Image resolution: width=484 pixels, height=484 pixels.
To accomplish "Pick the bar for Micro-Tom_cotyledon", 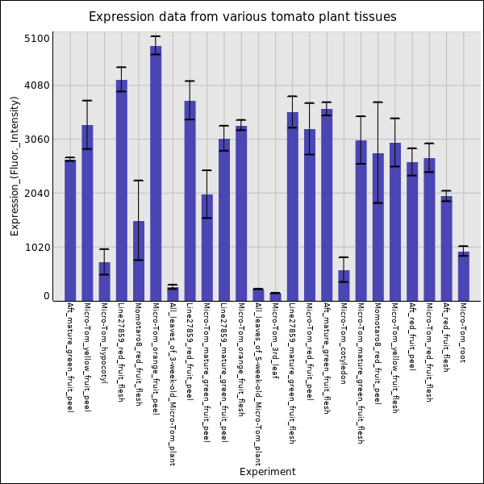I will coord(344,286).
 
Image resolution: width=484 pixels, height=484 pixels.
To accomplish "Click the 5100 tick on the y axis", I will coord(38,39).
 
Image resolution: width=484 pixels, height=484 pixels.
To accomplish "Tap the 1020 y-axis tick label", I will coord(38,248).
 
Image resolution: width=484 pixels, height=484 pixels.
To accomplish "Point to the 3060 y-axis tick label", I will coord(38,140).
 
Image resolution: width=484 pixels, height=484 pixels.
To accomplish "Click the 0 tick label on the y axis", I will coord(47,296).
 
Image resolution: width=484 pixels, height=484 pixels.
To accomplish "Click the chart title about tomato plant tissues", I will coord(242,17).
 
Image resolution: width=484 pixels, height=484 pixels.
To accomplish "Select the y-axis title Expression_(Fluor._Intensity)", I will coord(15,165).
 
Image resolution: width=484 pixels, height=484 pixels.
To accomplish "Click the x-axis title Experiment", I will coord(267,472).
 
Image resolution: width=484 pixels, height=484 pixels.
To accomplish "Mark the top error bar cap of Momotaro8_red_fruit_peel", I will coord(378,102).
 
